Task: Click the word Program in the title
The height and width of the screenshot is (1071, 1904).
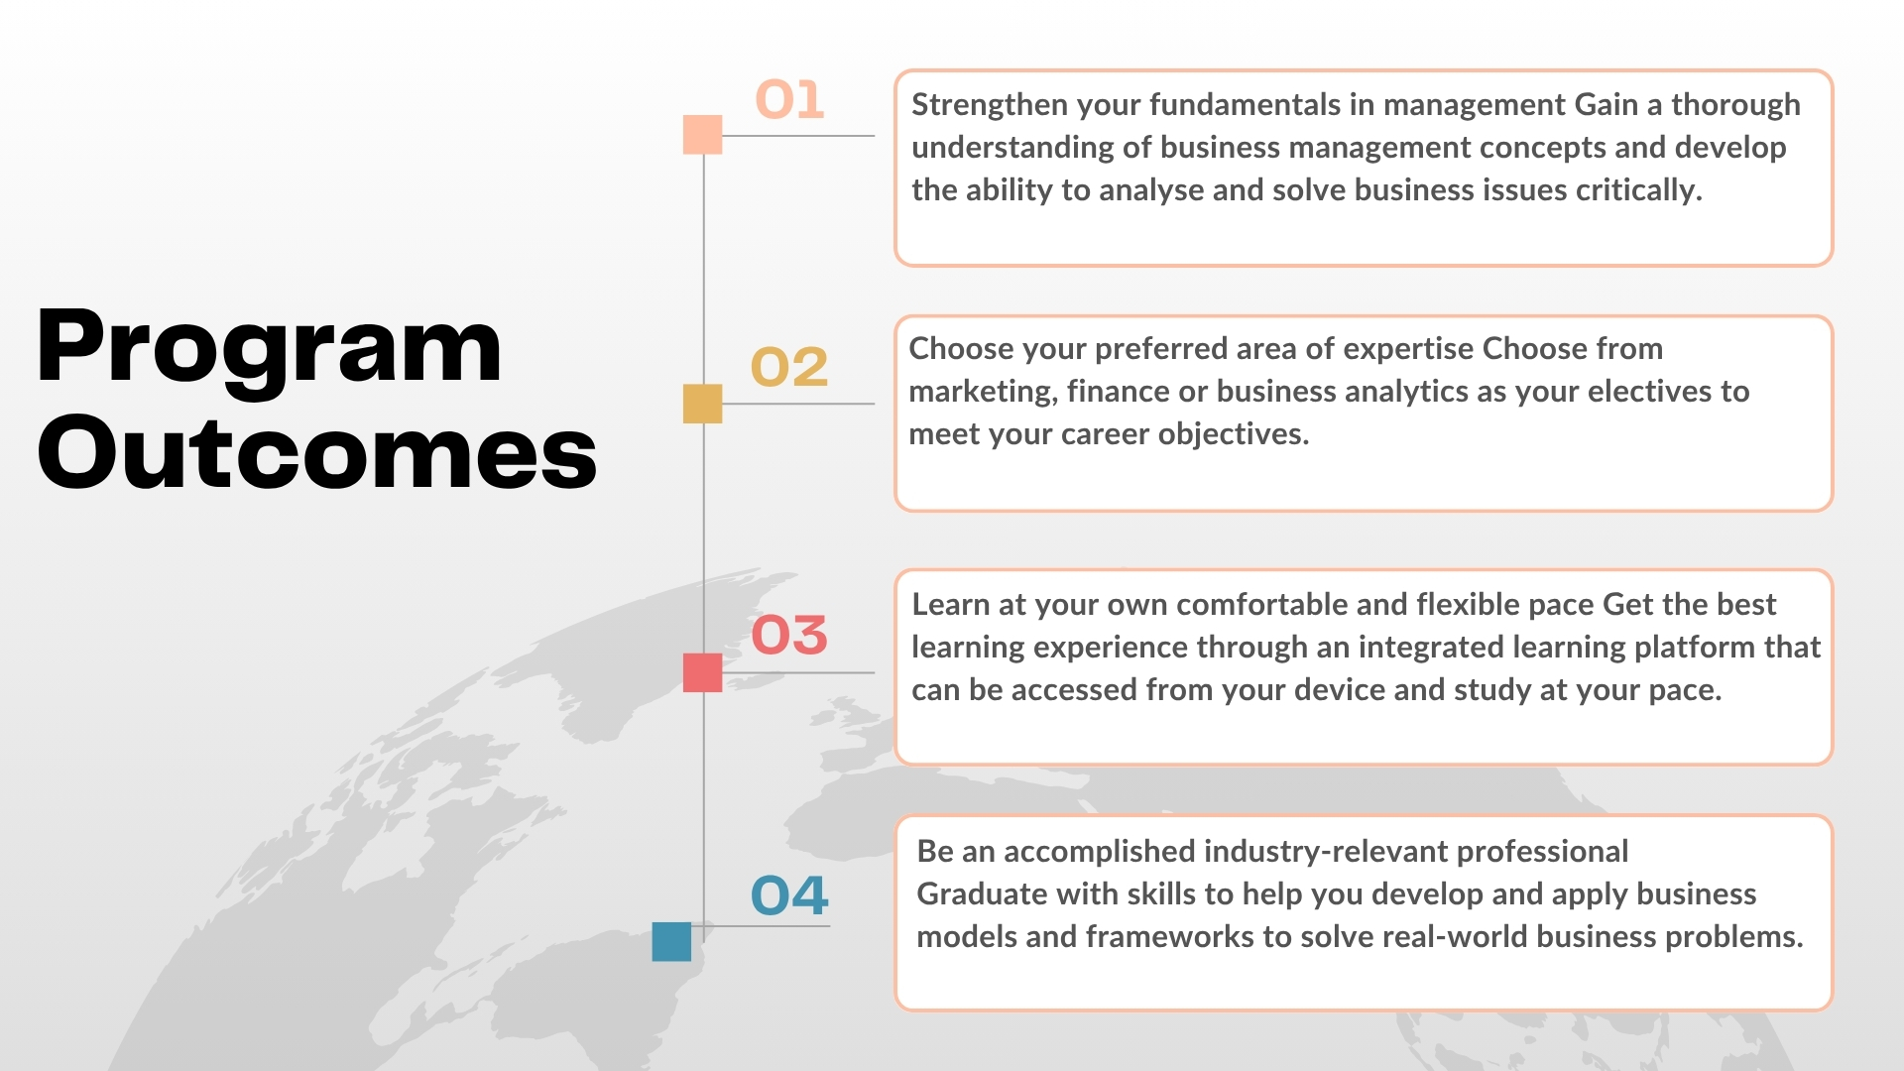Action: point(269,349)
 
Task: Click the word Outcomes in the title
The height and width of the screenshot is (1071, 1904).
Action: point(317,452)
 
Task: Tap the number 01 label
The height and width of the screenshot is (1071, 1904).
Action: point(789,99)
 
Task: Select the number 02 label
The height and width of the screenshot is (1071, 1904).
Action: point(789,367)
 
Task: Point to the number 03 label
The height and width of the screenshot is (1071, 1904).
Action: point(789,635)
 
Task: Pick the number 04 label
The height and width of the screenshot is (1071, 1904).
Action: point(789,895)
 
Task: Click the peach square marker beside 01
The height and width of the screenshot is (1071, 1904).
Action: point(703,135)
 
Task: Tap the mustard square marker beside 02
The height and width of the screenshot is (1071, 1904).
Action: point(703,404)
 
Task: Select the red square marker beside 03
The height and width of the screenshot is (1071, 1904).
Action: point(703,672)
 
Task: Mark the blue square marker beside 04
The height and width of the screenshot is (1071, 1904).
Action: point(671,941)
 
